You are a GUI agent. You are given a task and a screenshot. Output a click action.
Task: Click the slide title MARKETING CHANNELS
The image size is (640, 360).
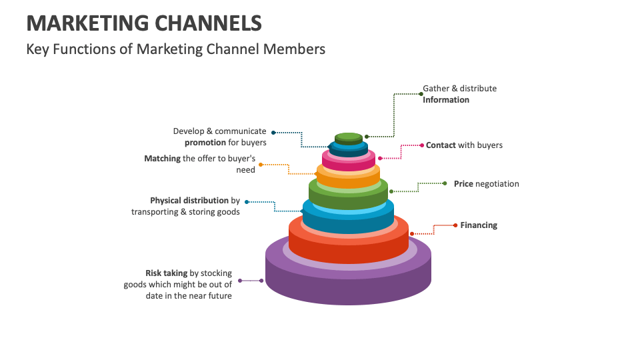coord(144,23)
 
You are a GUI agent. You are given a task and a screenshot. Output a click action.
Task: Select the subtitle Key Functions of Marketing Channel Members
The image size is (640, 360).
coord(176,49)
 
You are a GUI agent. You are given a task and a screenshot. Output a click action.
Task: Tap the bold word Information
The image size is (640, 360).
coord(446,100)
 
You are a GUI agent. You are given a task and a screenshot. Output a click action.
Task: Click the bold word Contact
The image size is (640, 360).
coord(441,145)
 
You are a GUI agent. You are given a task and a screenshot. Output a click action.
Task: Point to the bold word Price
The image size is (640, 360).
coord(463,183)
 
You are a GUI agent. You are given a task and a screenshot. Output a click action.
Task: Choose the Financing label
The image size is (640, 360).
coord(479,225)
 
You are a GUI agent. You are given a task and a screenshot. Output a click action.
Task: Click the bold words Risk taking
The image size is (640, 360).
coord(167,273)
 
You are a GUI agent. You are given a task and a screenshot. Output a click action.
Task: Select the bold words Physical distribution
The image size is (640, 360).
coord(189,200)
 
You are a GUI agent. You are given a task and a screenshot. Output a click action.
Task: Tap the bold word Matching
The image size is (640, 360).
coord(162,159)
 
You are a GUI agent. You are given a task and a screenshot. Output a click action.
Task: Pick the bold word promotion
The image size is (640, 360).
coord(206,143)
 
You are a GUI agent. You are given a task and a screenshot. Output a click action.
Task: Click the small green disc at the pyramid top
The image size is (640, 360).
coord(349,138)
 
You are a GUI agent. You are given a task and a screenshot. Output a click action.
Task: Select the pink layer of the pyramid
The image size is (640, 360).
coord(348,162)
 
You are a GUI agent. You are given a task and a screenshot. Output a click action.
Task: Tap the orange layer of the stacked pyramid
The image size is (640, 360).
coord(348,178)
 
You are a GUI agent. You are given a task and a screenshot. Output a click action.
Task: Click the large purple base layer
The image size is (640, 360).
coord(348,283)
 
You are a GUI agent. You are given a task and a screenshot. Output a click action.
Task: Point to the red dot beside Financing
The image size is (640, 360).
coord(455,225)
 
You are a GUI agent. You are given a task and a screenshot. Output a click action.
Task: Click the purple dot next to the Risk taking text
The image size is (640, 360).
coord(240,281)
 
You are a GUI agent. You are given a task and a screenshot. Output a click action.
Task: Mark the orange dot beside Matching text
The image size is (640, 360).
coord(261,164)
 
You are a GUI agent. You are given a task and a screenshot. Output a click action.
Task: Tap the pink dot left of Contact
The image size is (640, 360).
coord(421,145)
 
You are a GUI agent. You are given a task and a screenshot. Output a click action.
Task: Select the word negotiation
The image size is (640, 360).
coord(497,183)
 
